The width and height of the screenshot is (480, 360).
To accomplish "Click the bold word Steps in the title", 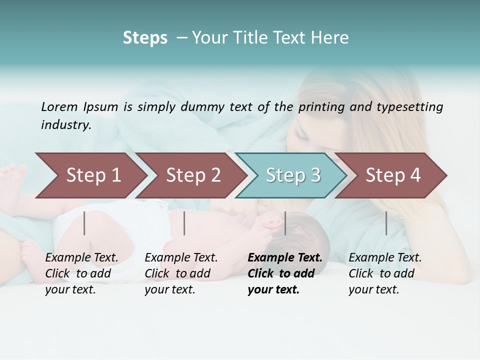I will (145, 38).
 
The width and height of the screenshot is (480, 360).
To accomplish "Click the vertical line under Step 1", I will (84, 223).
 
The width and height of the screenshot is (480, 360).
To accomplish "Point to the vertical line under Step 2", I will (184, 223).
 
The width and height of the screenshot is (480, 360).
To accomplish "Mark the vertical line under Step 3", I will (285, 223).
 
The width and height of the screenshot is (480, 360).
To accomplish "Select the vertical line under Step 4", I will (386, 223).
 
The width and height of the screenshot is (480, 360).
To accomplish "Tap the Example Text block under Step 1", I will (81, 273).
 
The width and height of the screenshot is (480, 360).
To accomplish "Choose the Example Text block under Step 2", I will (181, 273).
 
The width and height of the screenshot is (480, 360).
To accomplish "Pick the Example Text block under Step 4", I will (385, 273).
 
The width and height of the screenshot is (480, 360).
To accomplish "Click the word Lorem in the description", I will (59, 107).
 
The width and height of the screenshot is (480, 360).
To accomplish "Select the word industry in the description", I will (65, 125).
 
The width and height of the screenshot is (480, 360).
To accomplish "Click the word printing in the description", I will (321, 107).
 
